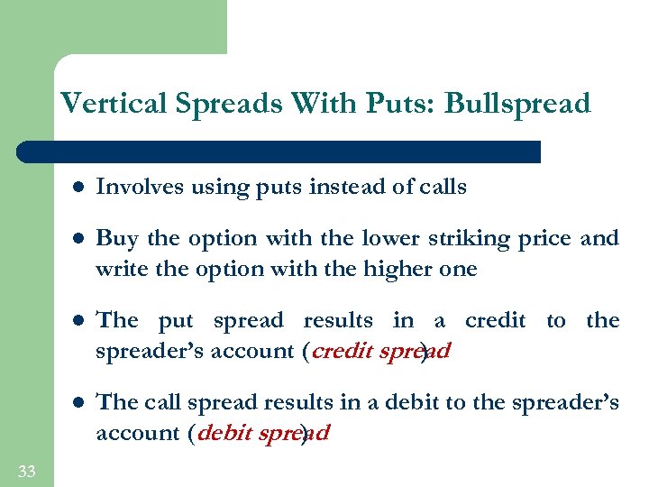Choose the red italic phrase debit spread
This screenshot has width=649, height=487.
[263, 433]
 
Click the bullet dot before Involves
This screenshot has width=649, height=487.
[78, 188]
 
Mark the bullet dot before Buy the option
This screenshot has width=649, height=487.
[78, 239]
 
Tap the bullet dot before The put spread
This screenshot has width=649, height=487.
[78, 321]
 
